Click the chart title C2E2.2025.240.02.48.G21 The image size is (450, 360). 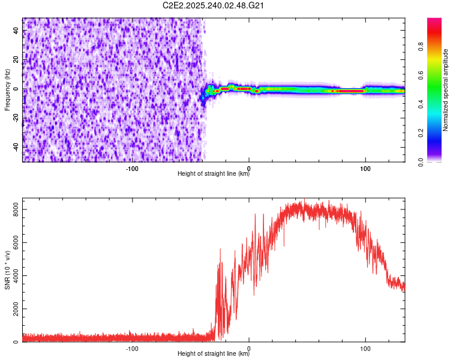(x=214, y=5)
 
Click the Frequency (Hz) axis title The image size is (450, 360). (x=7, y=89)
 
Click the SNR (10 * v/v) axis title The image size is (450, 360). (x=7, y=269)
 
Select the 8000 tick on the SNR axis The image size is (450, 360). (x=12, y=209)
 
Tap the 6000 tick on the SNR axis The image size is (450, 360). (x=12, y=242)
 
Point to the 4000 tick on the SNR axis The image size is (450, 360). (x=12, y=276)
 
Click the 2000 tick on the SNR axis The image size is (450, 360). (x=12, y=309)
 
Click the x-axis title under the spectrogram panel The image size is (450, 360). (x=214, y=175)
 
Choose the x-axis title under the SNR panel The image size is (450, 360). (x=214, y=355)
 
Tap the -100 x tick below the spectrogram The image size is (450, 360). (x=132, y=167)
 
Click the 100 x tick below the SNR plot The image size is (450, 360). (x=365, y=347)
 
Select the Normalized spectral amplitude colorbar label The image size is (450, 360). (x=446, y=89)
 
